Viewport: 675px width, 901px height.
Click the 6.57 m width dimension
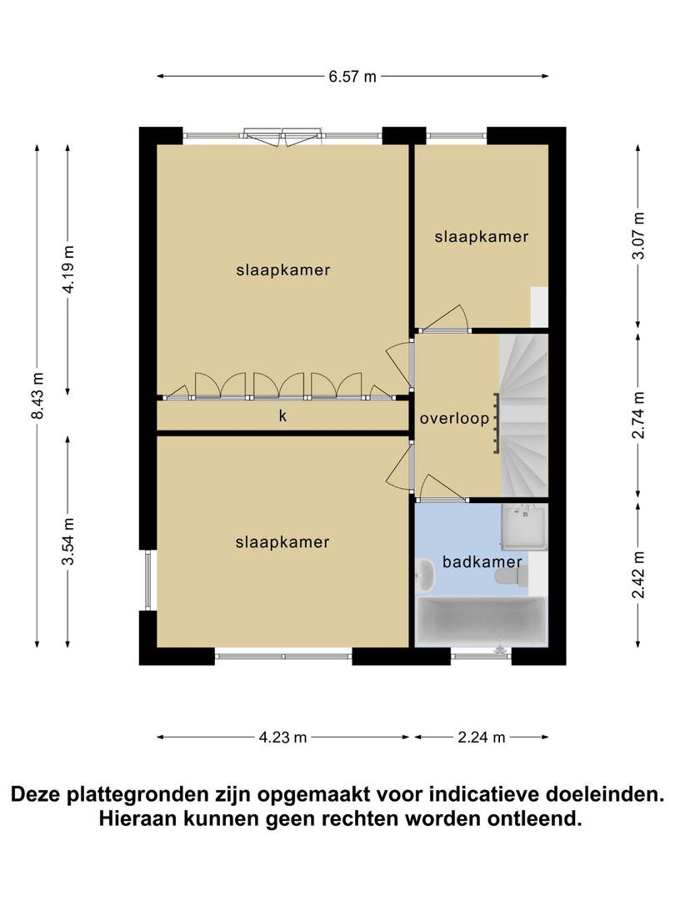[x=352, y=77]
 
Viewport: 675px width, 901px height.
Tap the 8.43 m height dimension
[x=37, y=395]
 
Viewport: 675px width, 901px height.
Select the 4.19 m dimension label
[x=68, y=269]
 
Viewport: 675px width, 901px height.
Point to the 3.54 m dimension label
[x=68, y=541]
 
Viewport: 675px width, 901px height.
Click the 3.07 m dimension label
[x=638, y=235]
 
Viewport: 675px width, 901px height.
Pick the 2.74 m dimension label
[x=638, y=415]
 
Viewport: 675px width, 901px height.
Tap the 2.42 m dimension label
[x=638, y=574]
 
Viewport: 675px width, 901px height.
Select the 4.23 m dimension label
[x=283, y=737]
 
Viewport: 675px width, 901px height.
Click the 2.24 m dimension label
[x=482, y=737]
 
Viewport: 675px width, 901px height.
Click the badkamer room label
[x=482, y=561]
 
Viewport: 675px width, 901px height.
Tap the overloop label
[x=455, y=419]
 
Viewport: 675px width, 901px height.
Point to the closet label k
[x=282, y=415]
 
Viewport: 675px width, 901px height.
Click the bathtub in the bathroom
[x=481, y=622]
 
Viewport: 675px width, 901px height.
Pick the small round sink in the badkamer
[x=425, y=574]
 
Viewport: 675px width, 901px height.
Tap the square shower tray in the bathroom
[x=524, y=526]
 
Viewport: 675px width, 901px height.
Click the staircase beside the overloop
[x=523, y=415]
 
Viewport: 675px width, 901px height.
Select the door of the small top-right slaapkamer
[x=445, y=318]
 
